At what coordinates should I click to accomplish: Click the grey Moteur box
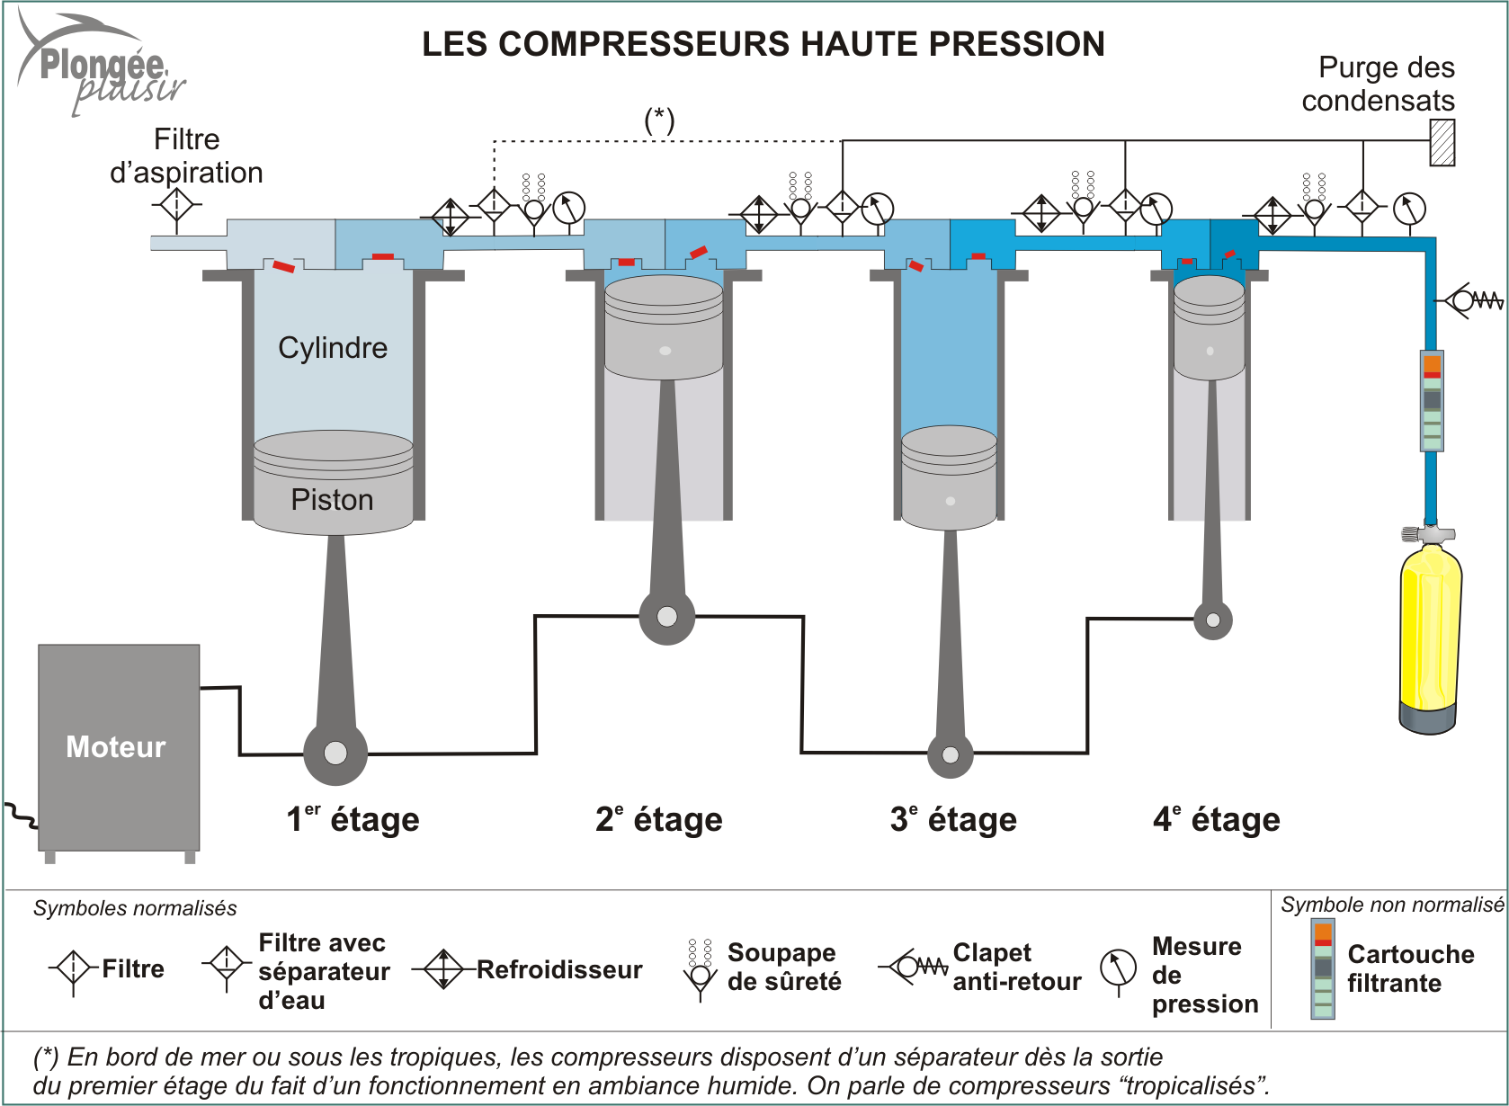[119, 746]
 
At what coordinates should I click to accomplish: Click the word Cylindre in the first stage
[333, 348]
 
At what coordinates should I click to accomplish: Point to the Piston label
[332, 500]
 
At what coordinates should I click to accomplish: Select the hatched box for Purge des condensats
[1442, 143]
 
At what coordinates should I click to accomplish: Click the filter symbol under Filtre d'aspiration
[176, 206]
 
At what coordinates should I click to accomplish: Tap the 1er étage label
[353, 819]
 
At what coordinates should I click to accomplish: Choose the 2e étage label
[658, 819]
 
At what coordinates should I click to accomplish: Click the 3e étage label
[953, 819]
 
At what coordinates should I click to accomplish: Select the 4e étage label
[1217, 819]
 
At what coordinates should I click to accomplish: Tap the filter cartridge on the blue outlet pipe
[1432, 400]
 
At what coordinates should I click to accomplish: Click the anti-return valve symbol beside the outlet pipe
[1471, 299]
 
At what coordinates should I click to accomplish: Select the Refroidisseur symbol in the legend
[443, 969]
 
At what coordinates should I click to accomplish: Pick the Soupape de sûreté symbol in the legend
[700, 969]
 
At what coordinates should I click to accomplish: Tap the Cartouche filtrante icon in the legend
[1323, 969]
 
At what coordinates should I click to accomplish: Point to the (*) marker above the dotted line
[659, 119]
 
